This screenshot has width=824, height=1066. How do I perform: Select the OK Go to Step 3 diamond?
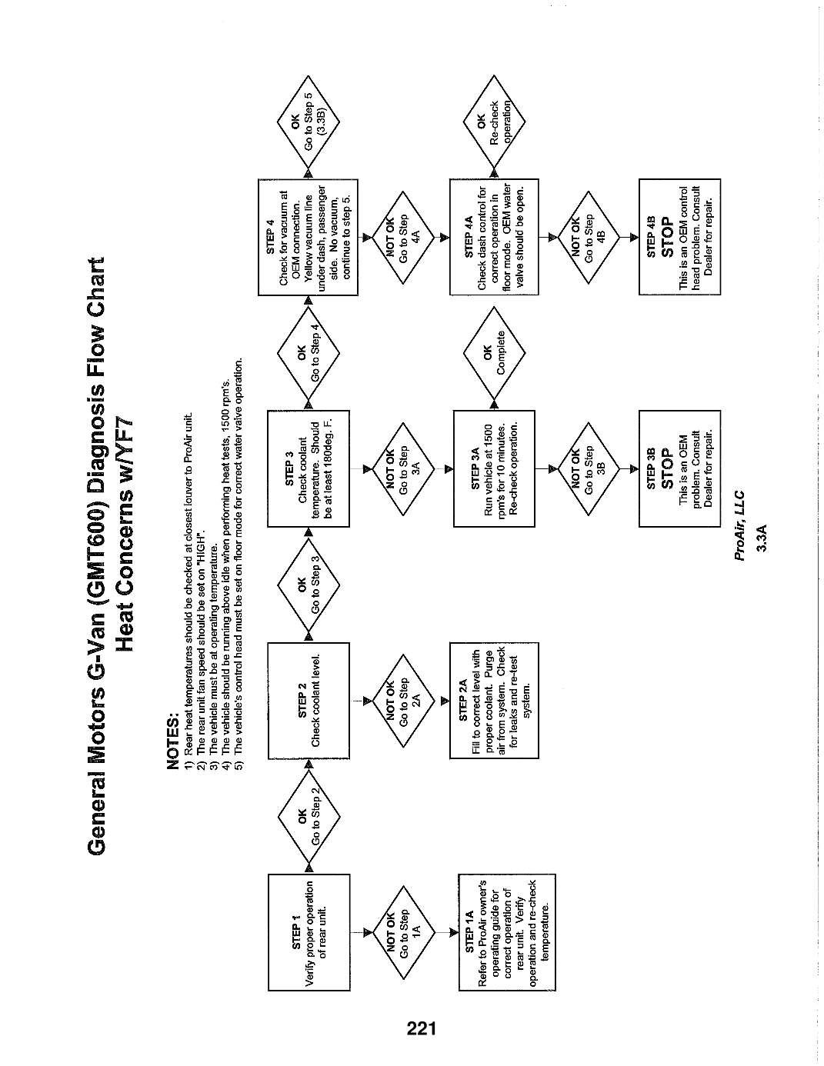tap(309, 585)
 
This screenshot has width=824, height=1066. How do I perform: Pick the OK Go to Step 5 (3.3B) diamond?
tap(309, 122)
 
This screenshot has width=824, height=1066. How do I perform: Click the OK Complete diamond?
tap(494, 353)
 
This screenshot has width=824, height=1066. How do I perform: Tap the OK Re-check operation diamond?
tap(494, 122)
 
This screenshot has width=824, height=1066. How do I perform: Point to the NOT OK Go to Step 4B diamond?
tap(589, 237)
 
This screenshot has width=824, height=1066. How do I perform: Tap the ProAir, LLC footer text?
tap(739, 525)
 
